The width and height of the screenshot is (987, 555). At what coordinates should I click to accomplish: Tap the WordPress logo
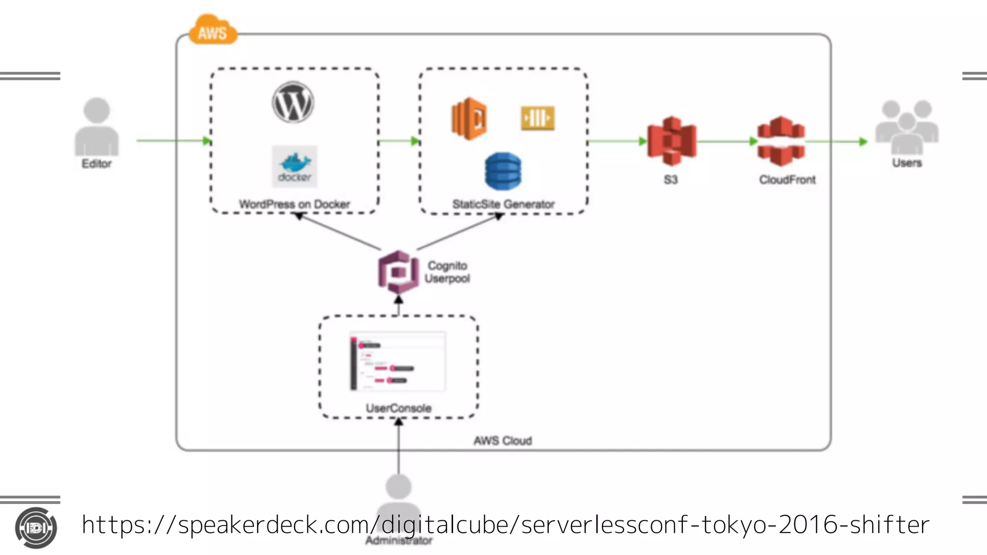pyautogui.click(x=293, y=102)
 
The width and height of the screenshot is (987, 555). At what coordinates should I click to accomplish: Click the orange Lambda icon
pyautogui.click(x=469, y=118)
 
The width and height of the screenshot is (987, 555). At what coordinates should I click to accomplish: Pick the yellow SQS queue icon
pyautogui.click(x=537, y=118)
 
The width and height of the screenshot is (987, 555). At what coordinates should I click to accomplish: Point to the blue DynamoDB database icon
pyautogui.click(x=503, y=171)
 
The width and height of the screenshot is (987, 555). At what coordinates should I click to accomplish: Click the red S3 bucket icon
pyautogui.click(x=672, y=141)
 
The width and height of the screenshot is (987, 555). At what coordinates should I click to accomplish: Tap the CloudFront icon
pyautogui.click(x=781, y=141)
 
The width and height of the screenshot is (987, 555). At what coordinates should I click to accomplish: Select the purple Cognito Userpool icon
pyautogui.click(x=398, y=272)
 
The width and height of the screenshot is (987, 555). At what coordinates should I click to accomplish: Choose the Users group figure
pyautogui.click(x=907, y=126)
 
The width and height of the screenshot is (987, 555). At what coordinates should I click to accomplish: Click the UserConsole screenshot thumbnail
pyautogui.click(x=398, y=361)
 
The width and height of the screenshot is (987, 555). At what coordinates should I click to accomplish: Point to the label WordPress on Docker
pyautogui.click(x=294, y=204)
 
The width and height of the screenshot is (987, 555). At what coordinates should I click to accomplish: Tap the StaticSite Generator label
pyautogui.click(x=503, y=204)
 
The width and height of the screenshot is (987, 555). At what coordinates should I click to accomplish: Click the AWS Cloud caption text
pyautogui.click(x=502, y=441)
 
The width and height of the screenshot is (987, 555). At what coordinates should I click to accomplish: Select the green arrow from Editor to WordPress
pyautogui.click(x=173, y=141)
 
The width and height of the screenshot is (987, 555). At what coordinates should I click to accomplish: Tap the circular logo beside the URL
pyautogui.click(x=36, y=528)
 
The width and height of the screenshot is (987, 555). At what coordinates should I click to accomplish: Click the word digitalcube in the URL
pyautogui.click(x=443, y=525)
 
